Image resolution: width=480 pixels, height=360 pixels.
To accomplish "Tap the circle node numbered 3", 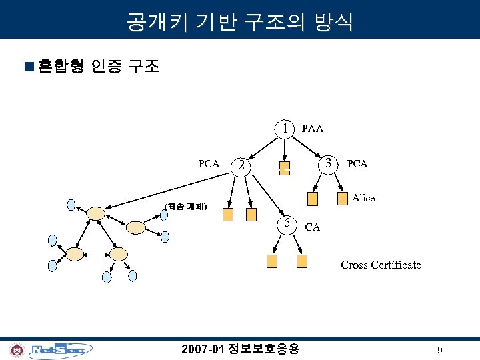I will [328, 163].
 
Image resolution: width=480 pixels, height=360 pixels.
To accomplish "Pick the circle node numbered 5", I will [285, 223].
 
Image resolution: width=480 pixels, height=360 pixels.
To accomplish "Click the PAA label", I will [313, 128].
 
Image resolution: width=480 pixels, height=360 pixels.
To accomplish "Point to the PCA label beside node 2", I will [209, 163].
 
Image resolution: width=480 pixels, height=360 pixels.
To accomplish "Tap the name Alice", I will [363, 198].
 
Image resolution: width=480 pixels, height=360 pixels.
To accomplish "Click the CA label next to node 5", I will [312, 227].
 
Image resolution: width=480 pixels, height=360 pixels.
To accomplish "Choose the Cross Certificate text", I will [381, 265].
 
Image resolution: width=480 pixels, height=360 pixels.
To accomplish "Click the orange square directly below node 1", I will [285, 168].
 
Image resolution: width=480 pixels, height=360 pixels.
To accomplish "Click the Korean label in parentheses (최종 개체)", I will [186, 206].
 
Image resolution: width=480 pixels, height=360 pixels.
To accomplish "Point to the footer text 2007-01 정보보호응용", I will [241, 349].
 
